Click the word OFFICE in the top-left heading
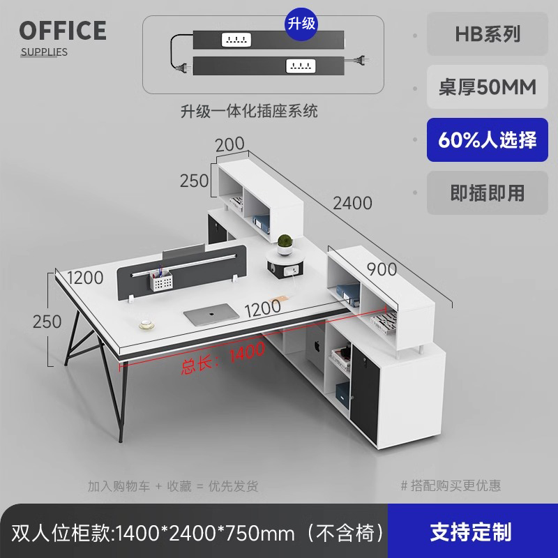[x=63, y=31]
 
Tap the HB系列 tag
[x=488, y=34]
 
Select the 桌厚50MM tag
[x=488, y=87]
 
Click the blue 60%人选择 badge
[x=488, y=140]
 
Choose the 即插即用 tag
[x=488, y=193]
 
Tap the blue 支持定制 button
[x=471, y=532]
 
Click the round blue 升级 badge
[x=301, y=23]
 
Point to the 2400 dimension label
[x=352, y=204]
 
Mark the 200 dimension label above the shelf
[x=229, y=144]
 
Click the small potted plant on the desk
[x=284, y=245]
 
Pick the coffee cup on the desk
[x=146, y=324]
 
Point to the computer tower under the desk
[x=310, y=356]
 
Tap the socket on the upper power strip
[x=234, y=40]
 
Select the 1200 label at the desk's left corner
[x=86, y=278]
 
